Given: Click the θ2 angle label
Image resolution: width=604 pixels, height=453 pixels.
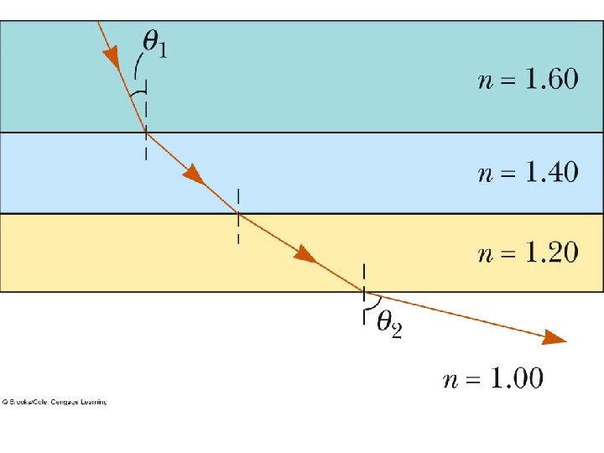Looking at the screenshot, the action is click(388, 323).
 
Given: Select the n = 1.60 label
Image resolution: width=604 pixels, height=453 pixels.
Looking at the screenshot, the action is click(528, 80).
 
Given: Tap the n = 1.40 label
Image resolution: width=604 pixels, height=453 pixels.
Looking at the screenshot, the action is click(528, 173).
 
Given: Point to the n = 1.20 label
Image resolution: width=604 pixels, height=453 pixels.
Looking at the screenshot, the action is click(528, 253).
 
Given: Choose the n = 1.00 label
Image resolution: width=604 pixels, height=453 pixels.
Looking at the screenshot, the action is click(493, 379).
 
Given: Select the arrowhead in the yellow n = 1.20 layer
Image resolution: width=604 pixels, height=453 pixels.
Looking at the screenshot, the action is click(305, 254).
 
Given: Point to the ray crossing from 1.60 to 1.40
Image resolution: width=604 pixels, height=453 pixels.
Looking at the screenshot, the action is click(146, 133).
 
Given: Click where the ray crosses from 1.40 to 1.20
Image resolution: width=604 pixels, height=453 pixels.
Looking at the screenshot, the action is click(239, 214).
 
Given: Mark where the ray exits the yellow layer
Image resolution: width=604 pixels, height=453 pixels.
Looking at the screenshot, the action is click(363, 292).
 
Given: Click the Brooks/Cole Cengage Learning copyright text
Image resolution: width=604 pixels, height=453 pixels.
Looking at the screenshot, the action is click(54, 403).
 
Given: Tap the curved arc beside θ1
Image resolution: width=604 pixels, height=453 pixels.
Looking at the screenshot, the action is click(136, 67).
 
